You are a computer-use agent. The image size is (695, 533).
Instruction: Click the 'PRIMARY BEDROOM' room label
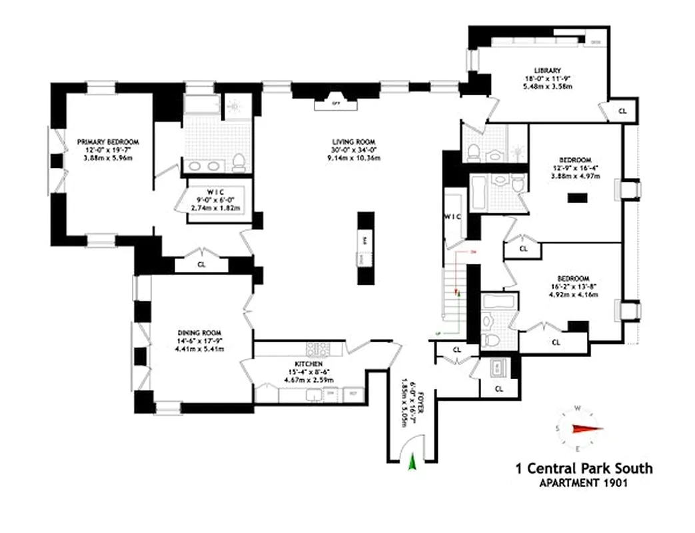click(107, 142)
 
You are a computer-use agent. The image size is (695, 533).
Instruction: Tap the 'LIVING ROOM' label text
click(354, 142)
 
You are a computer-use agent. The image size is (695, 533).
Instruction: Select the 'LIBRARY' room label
click(546, 70)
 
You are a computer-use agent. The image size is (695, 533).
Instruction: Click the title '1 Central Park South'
click(584, 468)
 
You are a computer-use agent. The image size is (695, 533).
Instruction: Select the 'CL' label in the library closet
click(622, 111)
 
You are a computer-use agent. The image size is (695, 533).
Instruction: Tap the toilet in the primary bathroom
click(239, 161)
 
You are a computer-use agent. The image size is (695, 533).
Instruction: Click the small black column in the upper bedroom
click(577, 197)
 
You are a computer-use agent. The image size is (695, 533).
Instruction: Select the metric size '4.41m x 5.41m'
click(199, 348)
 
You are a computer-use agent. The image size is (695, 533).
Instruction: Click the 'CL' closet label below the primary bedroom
click(201, 264)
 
